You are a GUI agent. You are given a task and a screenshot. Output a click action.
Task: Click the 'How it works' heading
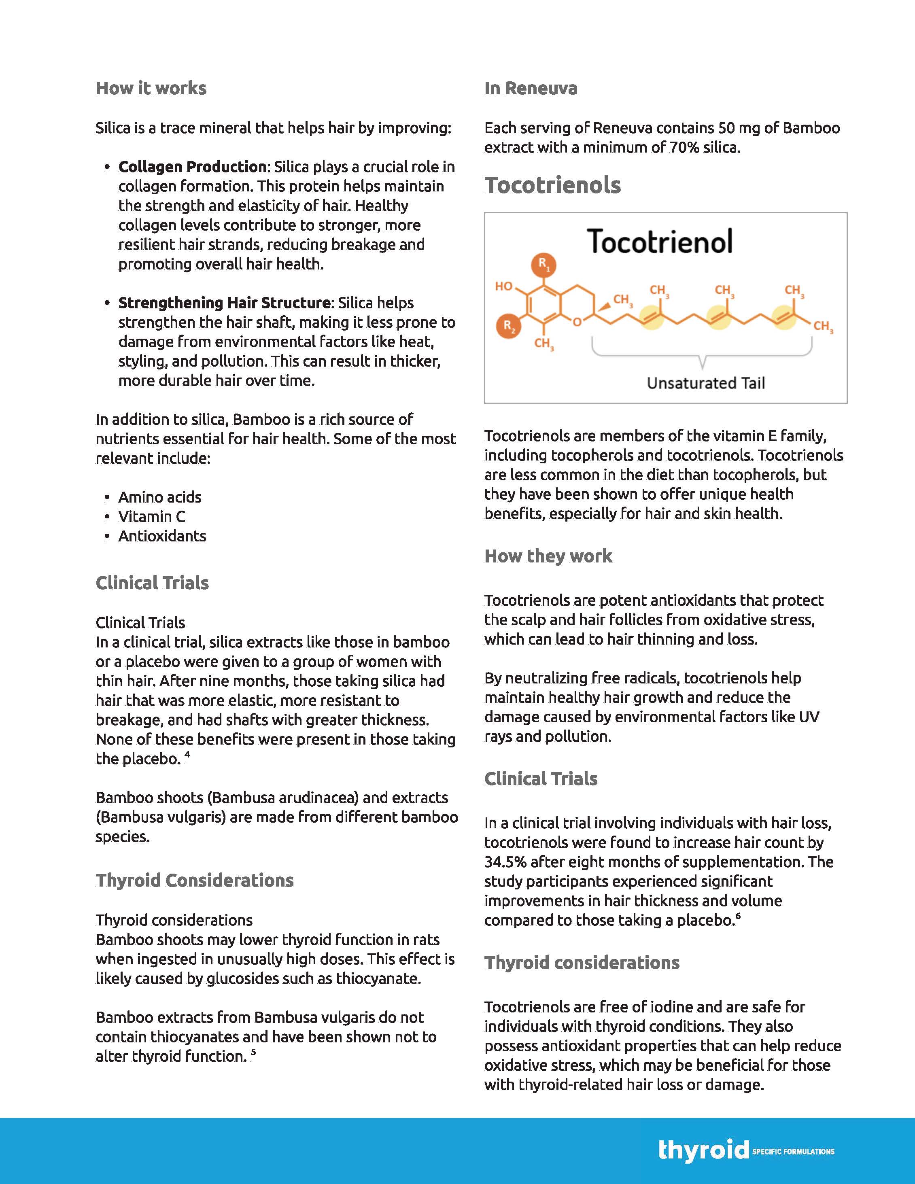(151, 88)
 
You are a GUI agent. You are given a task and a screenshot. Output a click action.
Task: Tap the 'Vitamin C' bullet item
(152, 517)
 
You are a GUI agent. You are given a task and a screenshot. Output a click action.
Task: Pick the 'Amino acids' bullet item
(160, 497)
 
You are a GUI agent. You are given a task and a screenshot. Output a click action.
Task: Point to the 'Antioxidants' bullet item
(162, 536)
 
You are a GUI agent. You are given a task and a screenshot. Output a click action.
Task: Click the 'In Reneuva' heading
(531, 88)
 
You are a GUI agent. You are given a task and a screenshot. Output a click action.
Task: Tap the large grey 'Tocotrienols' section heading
(552, 185)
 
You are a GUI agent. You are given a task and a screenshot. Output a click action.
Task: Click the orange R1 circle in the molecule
(543, 265)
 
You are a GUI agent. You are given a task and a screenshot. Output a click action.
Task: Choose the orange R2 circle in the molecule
(508, 326)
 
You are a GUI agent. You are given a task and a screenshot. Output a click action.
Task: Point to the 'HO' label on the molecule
(503, 286)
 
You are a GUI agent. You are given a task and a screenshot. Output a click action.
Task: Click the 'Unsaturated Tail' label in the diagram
(705, 383)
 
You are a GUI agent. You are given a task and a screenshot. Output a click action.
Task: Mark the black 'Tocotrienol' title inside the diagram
(660, 242)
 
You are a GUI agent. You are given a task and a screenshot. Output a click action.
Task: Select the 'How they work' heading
(548, 556)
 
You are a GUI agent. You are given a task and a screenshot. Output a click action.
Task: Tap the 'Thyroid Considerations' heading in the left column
(195, 881)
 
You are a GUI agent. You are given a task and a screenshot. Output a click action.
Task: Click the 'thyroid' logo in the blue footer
(703, 1150)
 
